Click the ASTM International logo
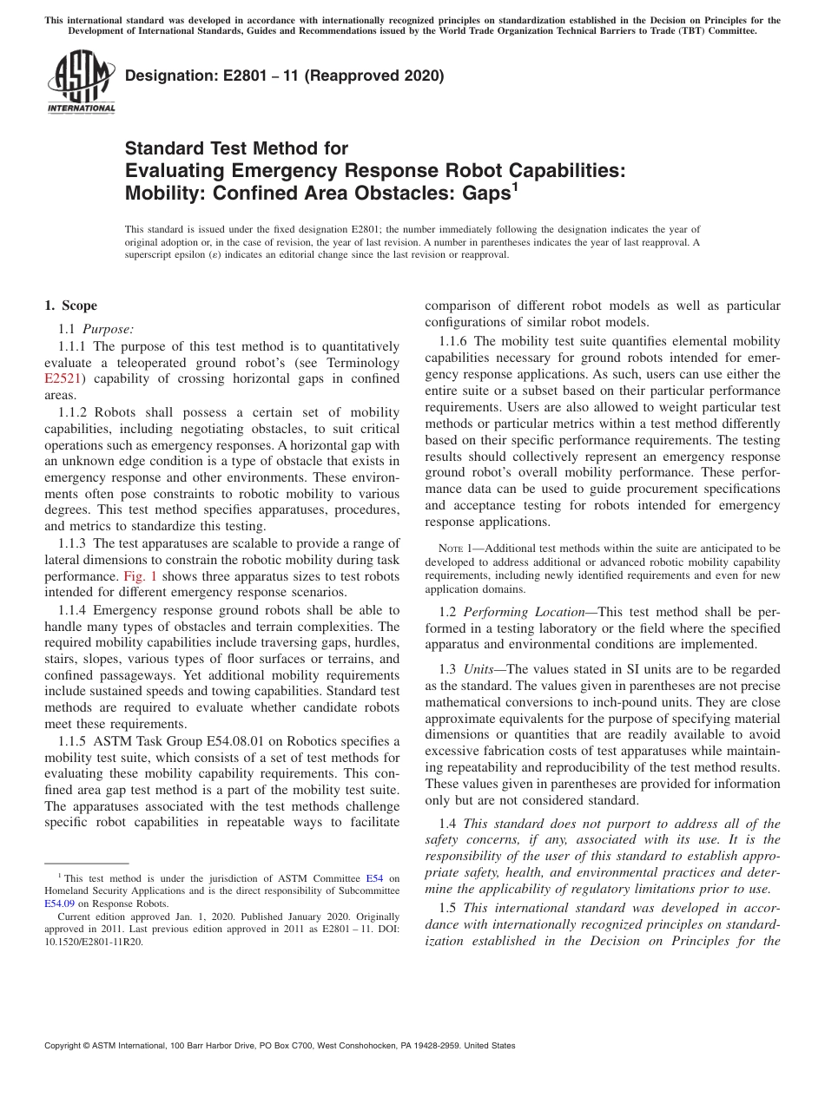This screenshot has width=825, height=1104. coord(81,82)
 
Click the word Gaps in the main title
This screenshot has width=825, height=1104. coord(484,194)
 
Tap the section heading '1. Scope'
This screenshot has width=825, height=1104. coord(70,306)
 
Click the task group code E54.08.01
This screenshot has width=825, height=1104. coord(225,740)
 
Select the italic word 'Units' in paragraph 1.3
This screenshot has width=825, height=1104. coord(480,668)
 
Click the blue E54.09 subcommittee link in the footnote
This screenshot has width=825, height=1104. coord(59,903)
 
